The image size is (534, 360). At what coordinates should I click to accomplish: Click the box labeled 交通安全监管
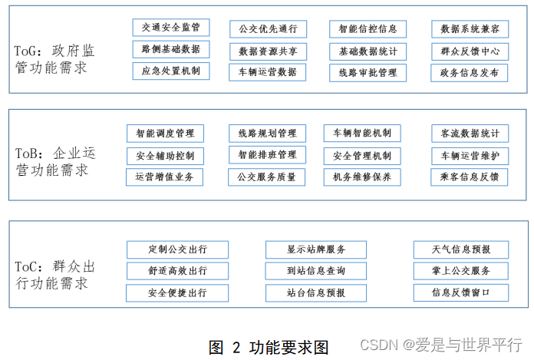[x=170, y=28]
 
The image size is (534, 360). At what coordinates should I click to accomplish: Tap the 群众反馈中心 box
[x=470, y=51]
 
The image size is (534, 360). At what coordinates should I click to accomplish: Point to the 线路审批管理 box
[x=368, y=74]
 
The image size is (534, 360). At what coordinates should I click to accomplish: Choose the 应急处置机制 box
[x=170, y=71]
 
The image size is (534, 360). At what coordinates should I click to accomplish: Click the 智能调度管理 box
[x=164, y=134]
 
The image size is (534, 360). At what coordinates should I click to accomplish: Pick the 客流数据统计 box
[x=470, y=134]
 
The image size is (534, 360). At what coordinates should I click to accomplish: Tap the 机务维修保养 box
[x=362, y=177]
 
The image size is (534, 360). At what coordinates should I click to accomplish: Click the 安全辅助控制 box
[x=164, y=156]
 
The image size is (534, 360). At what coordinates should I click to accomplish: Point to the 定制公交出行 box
[x=177, y=249]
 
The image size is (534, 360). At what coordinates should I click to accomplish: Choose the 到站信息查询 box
[x=315, y=271]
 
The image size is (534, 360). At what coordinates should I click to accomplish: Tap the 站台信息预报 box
[x=315, y=292]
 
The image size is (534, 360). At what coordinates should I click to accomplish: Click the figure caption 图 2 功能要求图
[x=269, y=347]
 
